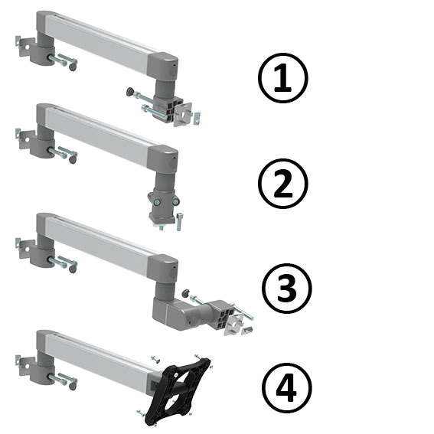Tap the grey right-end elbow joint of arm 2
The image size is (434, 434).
click(163, 162)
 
